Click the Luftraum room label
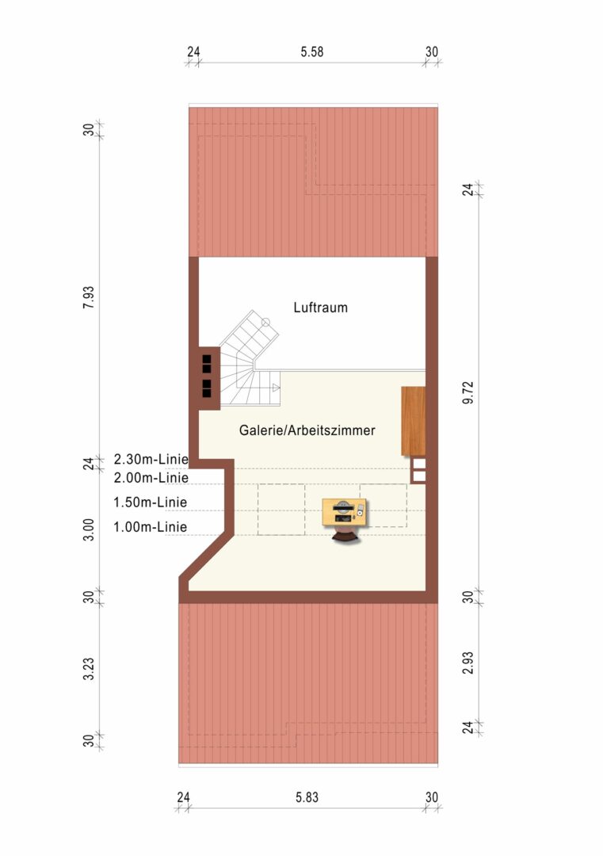point(320,308)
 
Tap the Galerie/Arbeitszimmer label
point(307,430)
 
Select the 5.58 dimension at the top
point(312,52)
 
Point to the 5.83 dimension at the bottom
point(307,797)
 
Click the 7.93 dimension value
point(89,297)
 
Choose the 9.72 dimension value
point(468,393)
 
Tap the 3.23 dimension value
point(89,669)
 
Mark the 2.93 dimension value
point(468,663)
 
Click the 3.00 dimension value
point(89,530)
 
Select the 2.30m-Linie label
point(151,459)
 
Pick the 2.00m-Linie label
point(151,478)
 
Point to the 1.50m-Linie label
point(150,503)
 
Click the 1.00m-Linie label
point(150,527)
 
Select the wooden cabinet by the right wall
point(413,421)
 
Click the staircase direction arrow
point(276,388)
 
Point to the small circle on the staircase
point(265,322)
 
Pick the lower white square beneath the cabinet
point(419,476)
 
